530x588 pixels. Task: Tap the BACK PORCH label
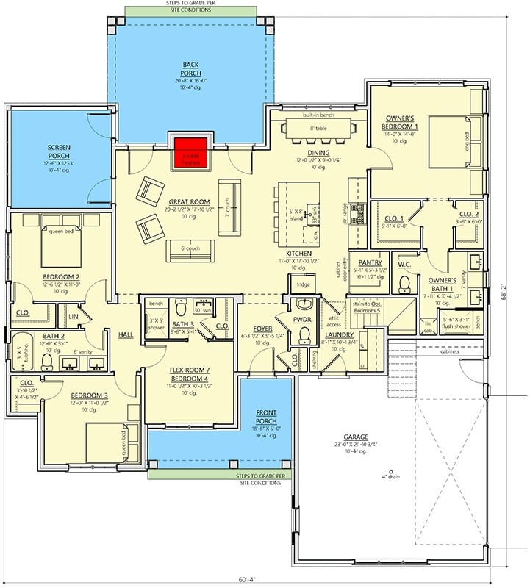coord(191,69)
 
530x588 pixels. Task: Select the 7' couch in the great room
coord(228,196)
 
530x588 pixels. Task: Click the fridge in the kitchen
coord(303,284)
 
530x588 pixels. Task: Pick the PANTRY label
coord(369,263)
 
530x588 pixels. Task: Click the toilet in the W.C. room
coord(404,283)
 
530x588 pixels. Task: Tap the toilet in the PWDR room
coord(303,335)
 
